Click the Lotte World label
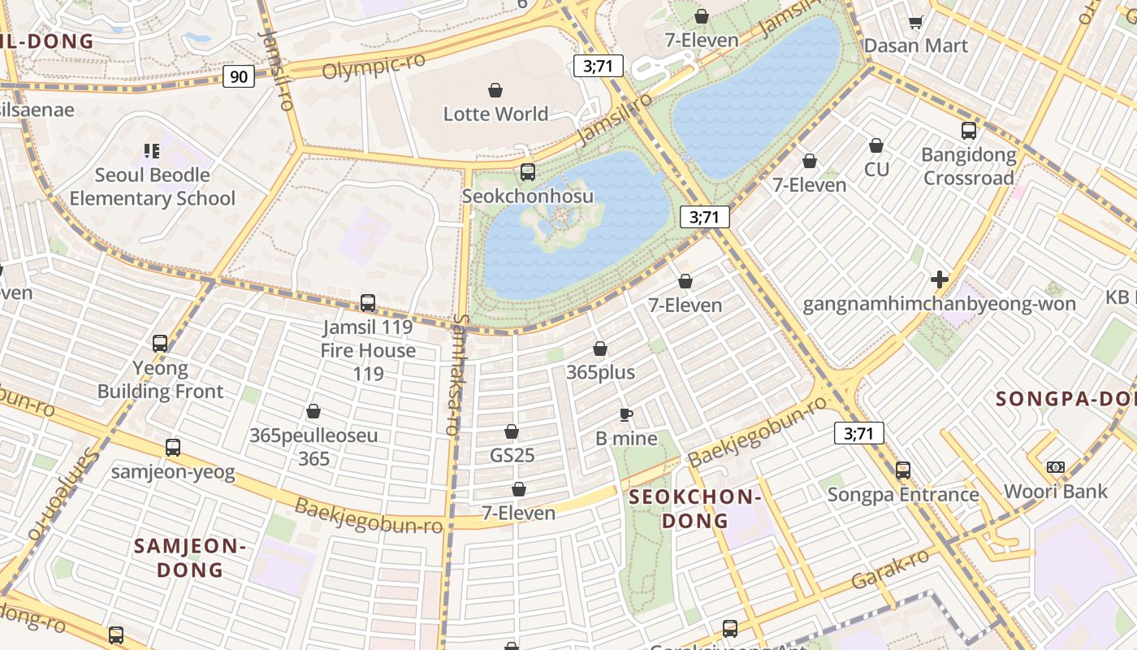coord(495,114)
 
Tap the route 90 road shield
coord(239,77)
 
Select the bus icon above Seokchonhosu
coord(528,172)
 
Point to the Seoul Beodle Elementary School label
coord(152,187)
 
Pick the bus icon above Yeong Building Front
coord(160,344)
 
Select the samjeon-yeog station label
coord(173,472)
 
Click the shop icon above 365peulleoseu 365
coord(313,412)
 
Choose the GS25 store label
coord(512,455)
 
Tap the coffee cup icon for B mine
coord(626,415)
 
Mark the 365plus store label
coord(600,373)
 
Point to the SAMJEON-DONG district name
coord(190,557)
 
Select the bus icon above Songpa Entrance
coord(903,470)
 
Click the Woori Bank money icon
coord(1055,467)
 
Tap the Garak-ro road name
coord(890,570)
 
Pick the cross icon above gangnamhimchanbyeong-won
coord(940,280)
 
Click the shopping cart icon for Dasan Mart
coord(915,23)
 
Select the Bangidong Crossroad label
coord(968,167)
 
